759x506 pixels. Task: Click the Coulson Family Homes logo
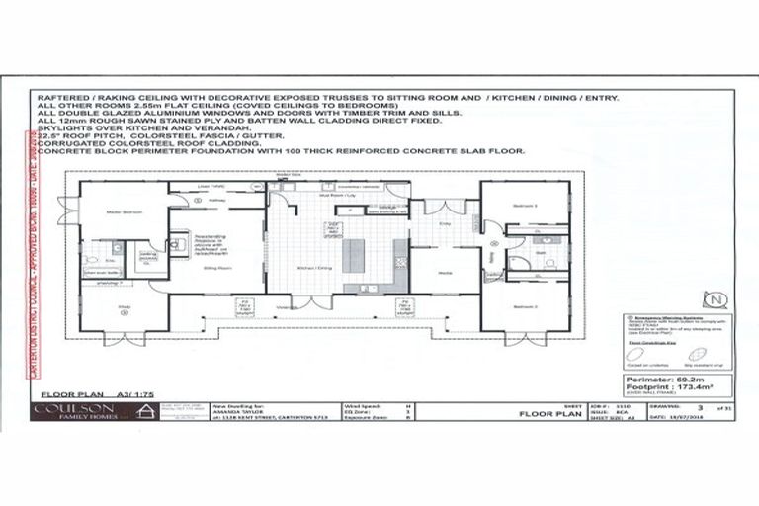pyautogui.click(x=77, y=411)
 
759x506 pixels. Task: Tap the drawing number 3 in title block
pyautogui.click(x=700, y=404)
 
